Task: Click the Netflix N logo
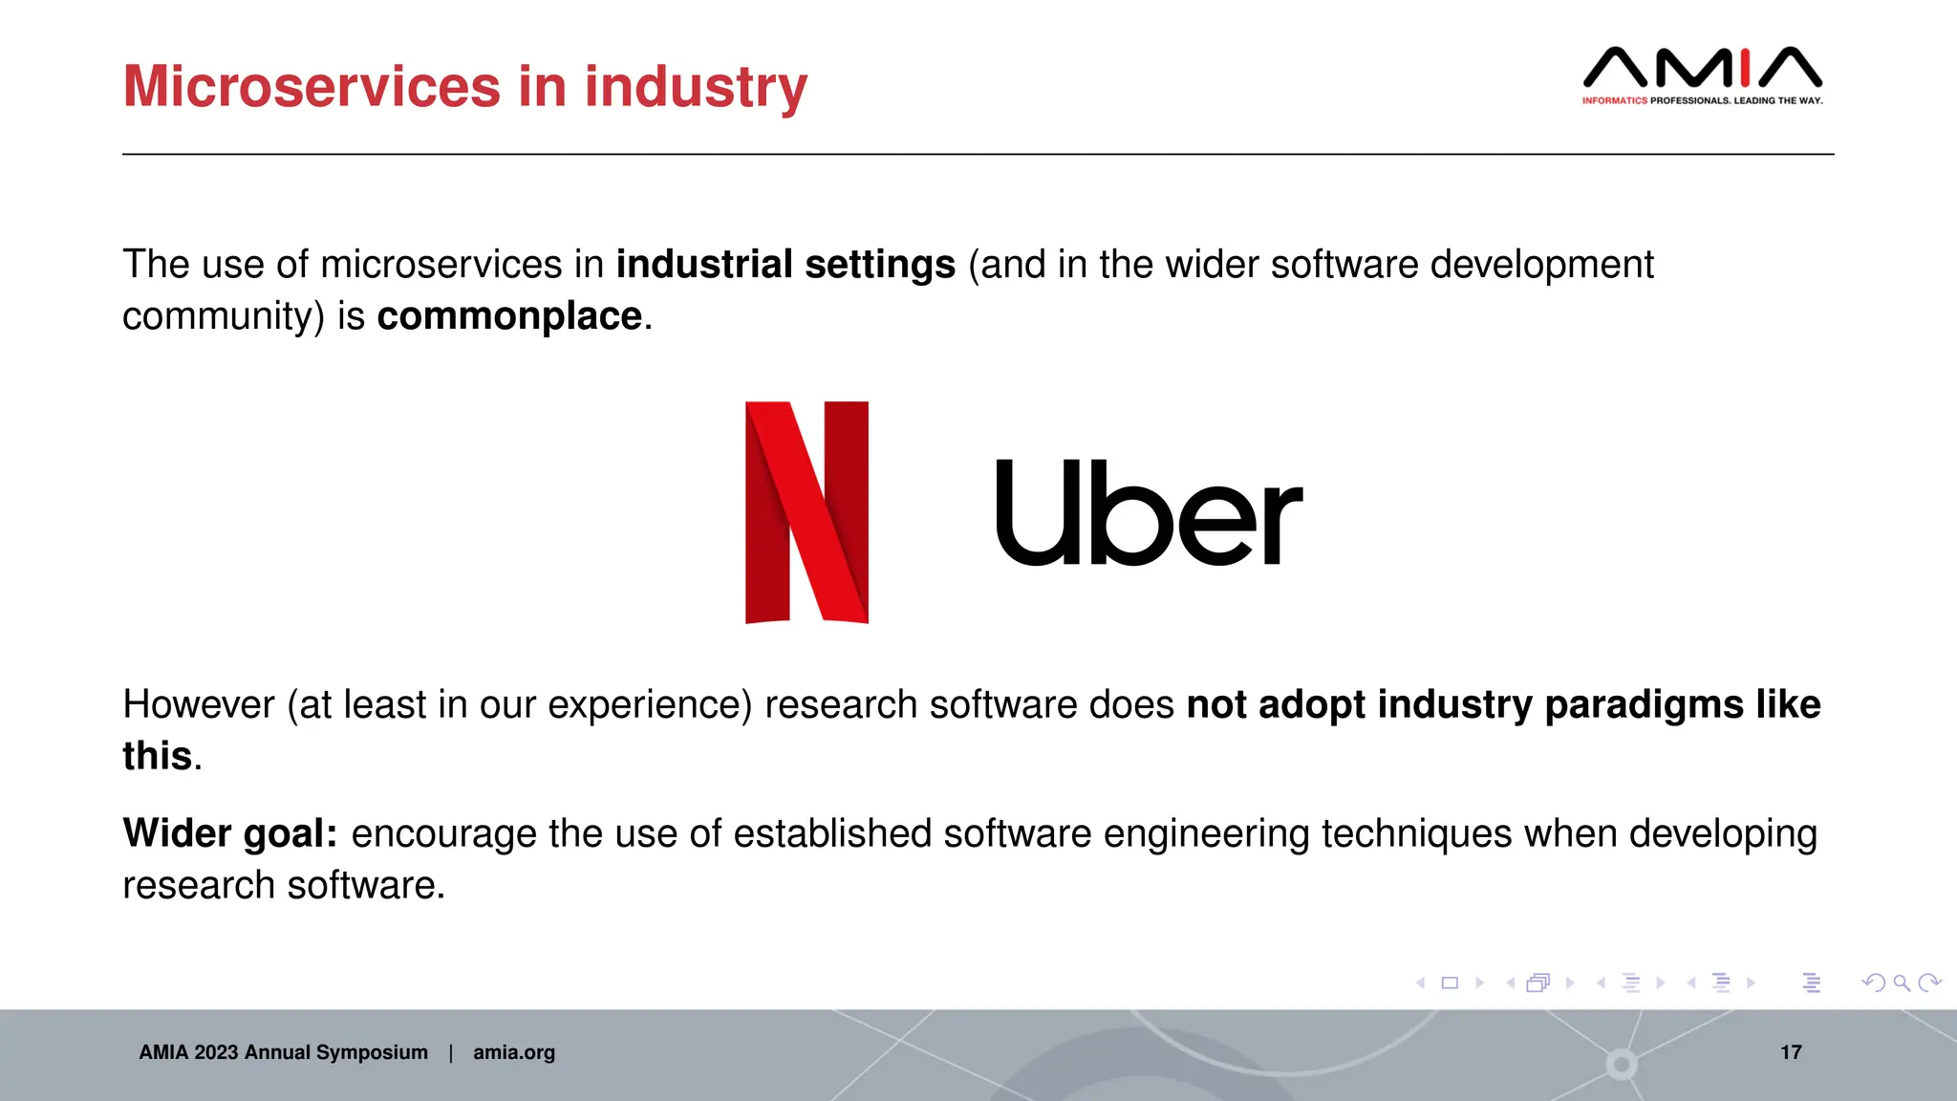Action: pos(806,512)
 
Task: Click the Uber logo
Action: pos(1149,513)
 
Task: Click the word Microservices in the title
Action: pos(312,86)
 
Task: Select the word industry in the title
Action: pos(696,86)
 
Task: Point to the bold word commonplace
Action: pos(509,316)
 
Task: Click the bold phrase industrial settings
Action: pos(785,265)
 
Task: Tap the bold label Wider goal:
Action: pos(230,833)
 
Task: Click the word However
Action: pos(199,705)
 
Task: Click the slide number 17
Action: pos(1791,1052)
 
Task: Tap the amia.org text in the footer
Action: pos(514,1052)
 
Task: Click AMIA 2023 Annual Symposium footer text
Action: pos(284,1052)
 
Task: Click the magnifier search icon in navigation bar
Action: pos(1902,982)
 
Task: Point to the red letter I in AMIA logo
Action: pos(1746,68)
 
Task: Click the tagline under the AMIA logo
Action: pos(1702,100)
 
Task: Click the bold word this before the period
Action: pos(158,756)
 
